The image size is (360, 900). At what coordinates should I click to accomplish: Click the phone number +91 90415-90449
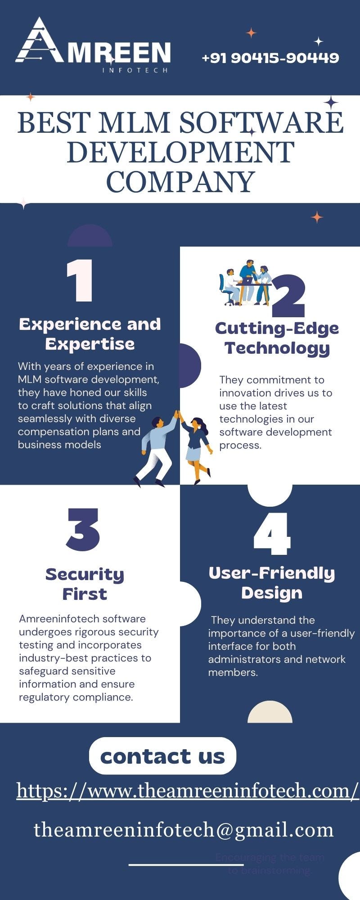(270, 58)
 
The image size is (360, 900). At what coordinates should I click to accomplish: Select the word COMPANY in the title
(180, 182)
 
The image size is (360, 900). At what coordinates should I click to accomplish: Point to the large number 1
(80, 281)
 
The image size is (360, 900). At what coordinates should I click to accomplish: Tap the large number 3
(83, 530)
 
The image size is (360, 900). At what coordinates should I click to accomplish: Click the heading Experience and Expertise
(90, 333)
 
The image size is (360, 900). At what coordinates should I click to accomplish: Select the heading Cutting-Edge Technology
(277, 338)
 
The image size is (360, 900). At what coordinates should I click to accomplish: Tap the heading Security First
(85, 584)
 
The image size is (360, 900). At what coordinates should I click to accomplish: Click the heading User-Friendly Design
(272, 583)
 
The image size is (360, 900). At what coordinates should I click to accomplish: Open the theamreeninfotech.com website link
(187, 791)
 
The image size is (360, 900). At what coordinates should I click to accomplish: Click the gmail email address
(184, 830)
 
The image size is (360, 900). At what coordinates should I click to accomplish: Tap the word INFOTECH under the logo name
(135, 71)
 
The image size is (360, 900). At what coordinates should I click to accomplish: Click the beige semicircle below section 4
(270, 713)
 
